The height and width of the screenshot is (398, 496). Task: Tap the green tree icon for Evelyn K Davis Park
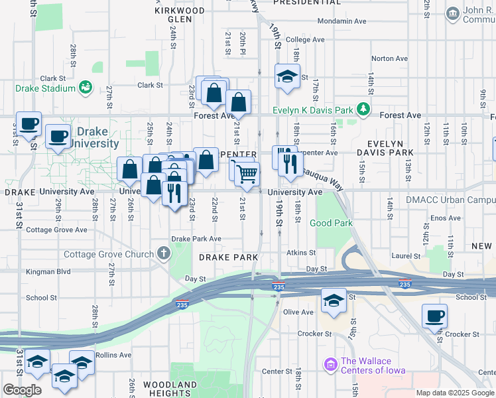point(363,109)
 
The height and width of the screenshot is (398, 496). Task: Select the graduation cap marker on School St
point(334,300)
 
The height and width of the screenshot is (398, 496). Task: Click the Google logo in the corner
point(22,390)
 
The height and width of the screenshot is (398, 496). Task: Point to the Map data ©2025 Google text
point(456,393)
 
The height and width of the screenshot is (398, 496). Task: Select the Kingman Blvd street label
point(48,272)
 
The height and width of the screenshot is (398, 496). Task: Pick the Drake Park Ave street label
point(196,239)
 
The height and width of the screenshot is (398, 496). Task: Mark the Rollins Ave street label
point(113,356)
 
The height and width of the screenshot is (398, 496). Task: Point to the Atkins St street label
point(300,253)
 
